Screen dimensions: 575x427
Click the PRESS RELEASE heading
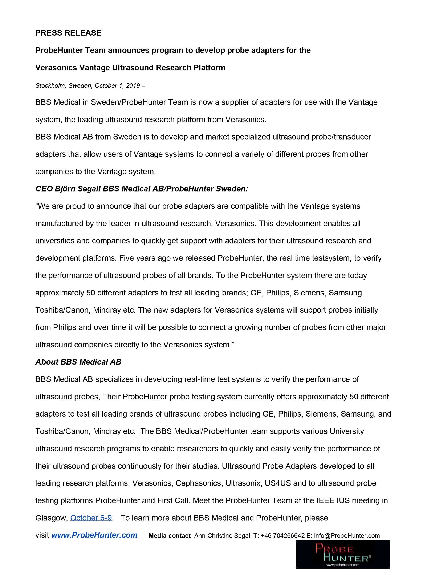68,33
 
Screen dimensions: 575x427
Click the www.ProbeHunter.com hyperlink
94,535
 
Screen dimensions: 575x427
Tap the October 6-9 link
91,518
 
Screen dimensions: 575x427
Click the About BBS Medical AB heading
78,362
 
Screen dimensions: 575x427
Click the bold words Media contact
170,535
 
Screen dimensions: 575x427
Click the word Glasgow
52,518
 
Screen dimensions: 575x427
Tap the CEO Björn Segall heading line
142,189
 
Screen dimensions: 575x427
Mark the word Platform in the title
209,68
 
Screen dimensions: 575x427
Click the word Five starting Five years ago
126,258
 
